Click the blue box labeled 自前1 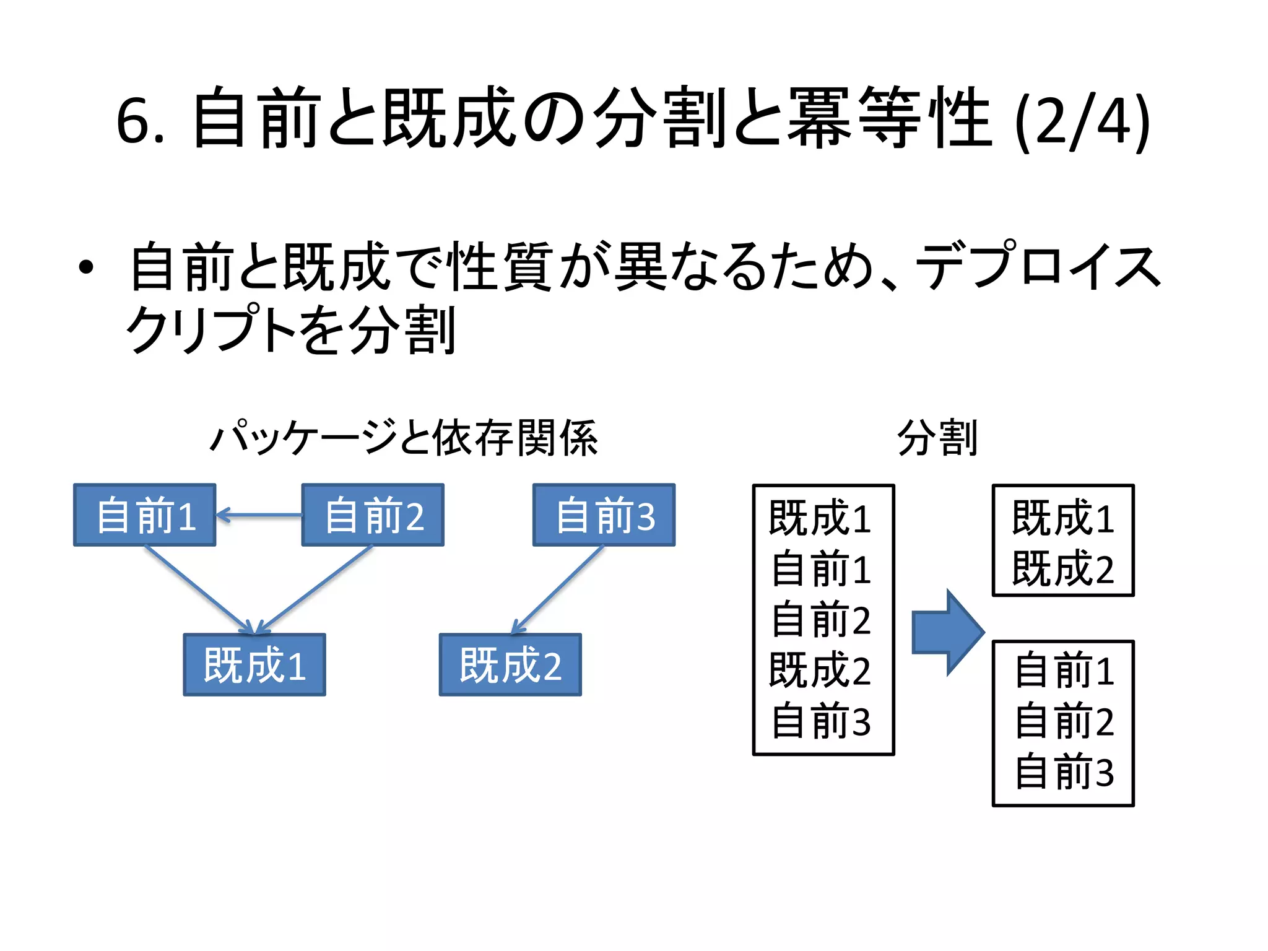145,515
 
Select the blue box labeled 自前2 373,515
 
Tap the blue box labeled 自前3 604,515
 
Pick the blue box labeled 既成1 254,665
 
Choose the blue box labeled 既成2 510,665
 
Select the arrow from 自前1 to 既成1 198,588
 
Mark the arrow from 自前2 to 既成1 316,588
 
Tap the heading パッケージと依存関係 404,438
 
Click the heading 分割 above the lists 937,438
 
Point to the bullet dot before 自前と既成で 86,268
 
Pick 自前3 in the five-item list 822,721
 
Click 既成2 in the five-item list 820,671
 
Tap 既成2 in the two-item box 1063,569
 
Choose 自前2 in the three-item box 1064,721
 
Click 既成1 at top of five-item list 820,518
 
